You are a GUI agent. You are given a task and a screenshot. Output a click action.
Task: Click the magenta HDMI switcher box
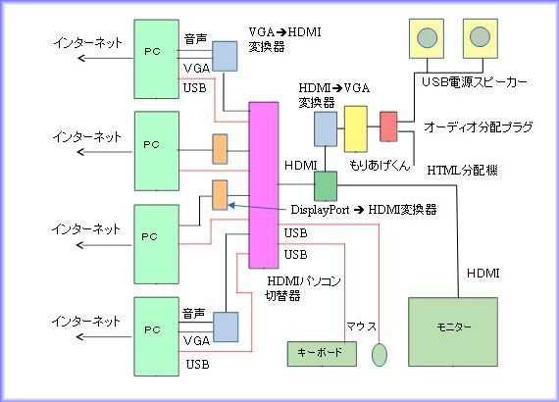(x=264, y=184)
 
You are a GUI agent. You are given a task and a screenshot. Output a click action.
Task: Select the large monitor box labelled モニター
(x=453, y=331)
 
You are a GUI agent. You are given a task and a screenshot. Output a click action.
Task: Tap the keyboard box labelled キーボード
(x=322, y=354)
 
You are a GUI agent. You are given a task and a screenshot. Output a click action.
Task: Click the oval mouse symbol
(x=380, y=354)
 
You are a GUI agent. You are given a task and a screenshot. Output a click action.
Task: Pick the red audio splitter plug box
(x=388, y=126)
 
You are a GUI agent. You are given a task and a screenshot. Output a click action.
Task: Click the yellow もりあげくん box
(x=356, y=128)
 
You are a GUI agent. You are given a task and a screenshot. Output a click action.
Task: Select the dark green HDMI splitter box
(x=326, y=186)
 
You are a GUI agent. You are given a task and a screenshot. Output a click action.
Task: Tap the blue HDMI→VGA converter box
(x=326, y=128)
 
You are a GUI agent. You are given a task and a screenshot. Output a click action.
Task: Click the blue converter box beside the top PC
(x=225, y=56)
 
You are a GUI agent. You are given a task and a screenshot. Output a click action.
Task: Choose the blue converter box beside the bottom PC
(x=226, y=327)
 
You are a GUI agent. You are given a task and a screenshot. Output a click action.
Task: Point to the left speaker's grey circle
(x=427, y=37)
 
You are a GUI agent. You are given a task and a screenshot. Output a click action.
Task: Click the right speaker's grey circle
(x=480, y=37)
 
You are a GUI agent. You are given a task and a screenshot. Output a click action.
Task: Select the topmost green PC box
(x=156, y=59)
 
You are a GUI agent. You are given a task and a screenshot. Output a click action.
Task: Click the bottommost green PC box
(x=156, y=336)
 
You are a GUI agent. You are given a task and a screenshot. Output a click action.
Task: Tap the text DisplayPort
(x=320, y=210)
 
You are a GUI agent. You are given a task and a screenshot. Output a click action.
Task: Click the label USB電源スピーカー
(x=474, y=82)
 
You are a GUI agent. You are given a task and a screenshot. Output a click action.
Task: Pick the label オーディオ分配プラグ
(x=479, y=126)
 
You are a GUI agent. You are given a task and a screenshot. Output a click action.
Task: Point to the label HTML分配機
(x=462, y=171)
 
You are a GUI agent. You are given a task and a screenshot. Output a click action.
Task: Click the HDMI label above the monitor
(x=483, y=274)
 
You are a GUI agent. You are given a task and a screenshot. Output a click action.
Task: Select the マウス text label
(x=361, y=327)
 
